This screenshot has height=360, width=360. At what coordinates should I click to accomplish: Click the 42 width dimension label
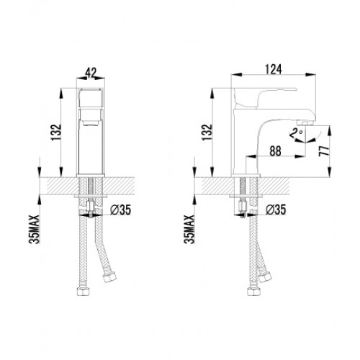(91, 73)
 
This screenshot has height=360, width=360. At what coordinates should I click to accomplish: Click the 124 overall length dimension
(274, 69)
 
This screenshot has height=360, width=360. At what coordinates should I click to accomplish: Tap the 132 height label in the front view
(56, 132)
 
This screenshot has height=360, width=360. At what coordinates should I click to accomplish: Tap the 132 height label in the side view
(207, 132)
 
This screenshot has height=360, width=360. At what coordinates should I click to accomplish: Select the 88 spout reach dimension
(275, 151)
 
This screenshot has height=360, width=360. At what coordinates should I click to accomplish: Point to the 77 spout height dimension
(324, 150)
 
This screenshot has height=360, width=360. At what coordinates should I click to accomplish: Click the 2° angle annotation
(296, 132)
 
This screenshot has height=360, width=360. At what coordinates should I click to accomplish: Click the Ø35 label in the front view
(120, 210)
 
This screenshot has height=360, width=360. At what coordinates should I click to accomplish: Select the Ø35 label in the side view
(276, 210)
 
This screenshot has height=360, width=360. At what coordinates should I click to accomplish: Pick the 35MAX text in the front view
(34, 230)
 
